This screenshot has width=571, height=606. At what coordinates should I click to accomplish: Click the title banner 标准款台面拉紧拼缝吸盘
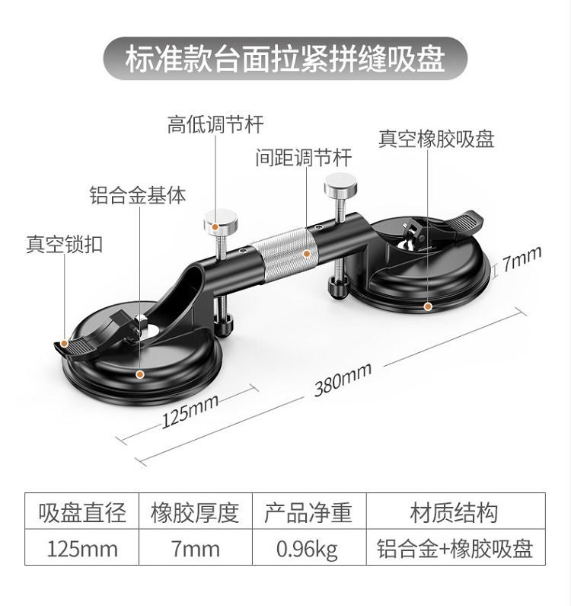(285, 59)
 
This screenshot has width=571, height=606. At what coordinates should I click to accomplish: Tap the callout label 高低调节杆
(215, 124)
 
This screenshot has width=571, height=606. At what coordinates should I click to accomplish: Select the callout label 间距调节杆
(304, 157)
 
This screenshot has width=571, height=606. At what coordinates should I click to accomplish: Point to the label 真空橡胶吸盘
(436, 139)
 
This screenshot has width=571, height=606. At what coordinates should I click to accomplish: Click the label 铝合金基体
(138, 194)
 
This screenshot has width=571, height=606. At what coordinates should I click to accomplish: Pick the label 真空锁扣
(65, 243)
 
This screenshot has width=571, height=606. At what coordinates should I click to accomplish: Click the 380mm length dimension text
(343, 380)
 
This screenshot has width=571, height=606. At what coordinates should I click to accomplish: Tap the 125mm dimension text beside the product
(190, 411)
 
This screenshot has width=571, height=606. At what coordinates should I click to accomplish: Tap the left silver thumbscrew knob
(221, 222)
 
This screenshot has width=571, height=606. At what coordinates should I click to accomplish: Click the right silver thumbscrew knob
(340, 187)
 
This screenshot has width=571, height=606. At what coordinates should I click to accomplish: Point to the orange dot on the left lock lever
(65, 343)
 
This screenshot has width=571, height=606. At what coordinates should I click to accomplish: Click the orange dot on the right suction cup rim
(428, 306)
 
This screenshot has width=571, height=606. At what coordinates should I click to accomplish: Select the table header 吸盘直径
(82, 512)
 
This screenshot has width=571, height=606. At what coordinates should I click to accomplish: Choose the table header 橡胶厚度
(195, 512)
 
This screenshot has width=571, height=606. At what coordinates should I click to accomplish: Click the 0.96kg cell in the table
(308, 549)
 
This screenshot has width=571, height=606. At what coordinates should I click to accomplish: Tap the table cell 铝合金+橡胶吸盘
(455, 548)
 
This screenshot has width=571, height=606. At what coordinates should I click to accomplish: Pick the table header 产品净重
(308, 512)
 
